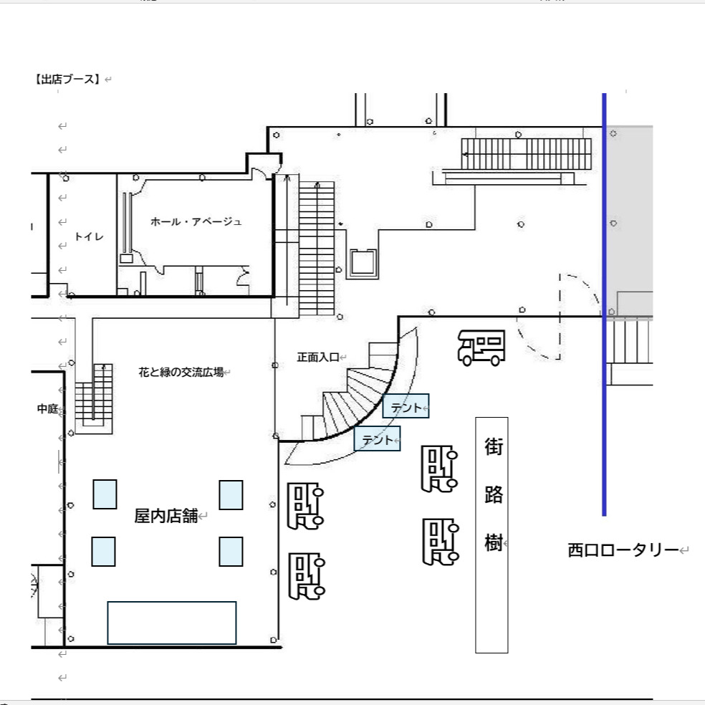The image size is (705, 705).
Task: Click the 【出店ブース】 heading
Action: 67,79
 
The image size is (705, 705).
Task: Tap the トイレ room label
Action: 89,236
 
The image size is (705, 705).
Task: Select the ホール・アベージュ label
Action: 196,221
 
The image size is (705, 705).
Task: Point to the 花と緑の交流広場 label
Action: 181,372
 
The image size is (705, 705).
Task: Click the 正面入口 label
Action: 318,357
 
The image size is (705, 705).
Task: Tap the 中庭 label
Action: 48,408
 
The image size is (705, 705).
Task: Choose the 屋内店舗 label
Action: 166,516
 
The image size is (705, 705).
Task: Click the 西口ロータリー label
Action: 623,550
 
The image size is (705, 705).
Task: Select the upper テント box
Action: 406,406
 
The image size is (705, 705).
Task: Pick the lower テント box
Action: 378,438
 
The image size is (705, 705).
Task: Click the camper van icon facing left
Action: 481,347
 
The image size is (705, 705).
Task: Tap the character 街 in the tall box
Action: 494,446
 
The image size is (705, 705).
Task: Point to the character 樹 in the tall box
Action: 494,542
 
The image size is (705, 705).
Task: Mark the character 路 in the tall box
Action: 494,494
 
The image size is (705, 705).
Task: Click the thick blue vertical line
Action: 604,304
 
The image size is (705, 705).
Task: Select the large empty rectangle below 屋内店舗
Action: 172,623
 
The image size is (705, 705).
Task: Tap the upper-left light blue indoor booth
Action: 105,494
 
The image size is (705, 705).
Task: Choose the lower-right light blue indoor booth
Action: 231,551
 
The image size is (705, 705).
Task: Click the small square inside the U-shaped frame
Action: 363,262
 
